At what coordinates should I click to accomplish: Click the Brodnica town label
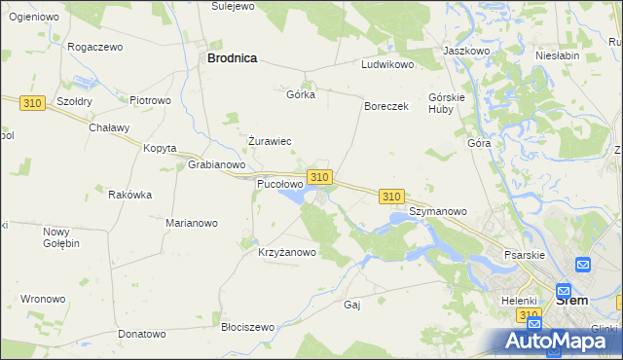pos(232,58)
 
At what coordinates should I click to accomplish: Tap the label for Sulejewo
pos(233,6)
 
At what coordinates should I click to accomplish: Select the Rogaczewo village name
pos(94,47)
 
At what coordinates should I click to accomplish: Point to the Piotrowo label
pos(150,99)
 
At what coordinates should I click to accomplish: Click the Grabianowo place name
pos(215,164)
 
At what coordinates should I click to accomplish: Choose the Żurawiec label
pos(270,141)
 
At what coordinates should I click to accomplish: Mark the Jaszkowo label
pos(465,50)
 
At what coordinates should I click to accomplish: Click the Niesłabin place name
pos(559,55)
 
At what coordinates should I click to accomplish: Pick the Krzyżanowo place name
pos(287,252)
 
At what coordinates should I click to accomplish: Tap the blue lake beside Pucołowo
pos(291,198)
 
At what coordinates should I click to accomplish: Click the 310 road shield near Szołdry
pos(34,101)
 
